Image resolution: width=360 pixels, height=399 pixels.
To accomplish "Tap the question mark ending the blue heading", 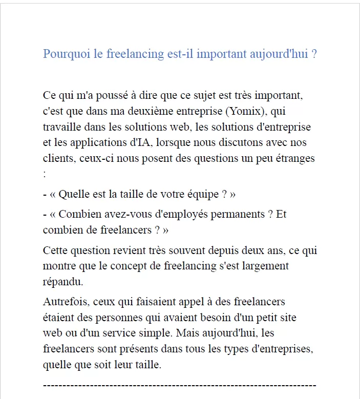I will click(313, 54).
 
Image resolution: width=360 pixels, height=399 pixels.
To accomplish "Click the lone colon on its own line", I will click(45, 174).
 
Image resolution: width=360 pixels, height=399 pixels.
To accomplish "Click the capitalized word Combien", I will click(78, 214).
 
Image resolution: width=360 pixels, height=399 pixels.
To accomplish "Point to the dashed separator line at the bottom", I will click(179, 385).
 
